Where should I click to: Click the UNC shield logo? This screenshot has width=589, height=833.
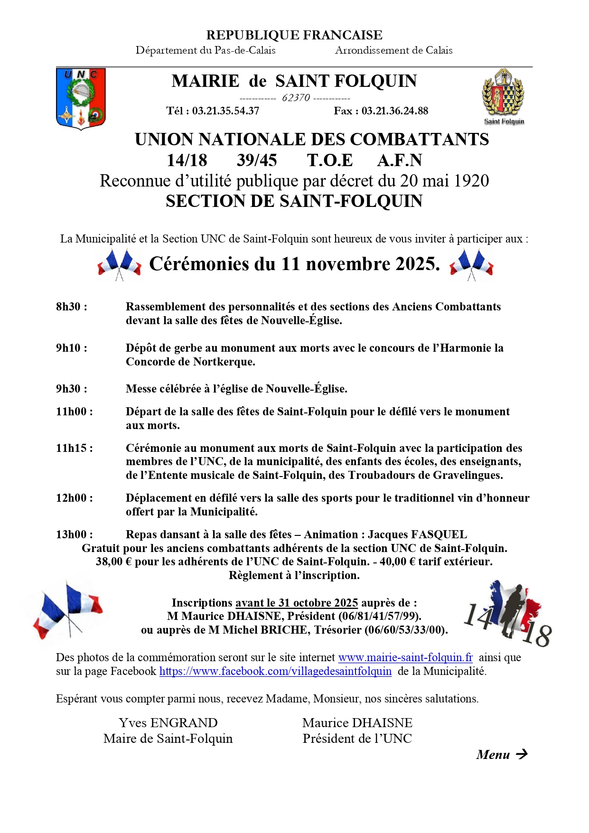pyautogui.click(x=81, y=99)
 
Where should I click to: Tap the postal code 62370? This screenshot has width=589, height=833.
pyautogui.click(x=296, y=98)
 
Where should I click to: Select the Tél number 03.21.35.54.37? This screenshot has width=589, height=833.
pyautogui.click(x=225, y=111)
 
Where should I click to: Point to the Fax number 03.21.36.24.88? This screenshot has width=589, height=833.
pyautogui.click(x=394, y=111)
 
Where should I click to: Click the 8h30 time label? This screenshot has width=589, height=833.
pyautogui.click(x=72, y=307)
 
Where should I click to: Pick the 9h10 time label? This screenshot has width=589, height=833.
pyautogui.click(x=72, y=348)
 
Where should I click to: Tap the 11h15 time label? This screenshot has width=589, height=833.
pyautogui.click(x=75, y=448)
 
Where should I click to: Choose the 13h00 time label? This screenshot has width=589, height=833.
pyautogui.click(x=75, y=534)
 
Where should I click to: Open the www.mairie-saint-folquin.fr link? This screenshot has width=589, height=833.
pyautogui.click(x=405, y=657)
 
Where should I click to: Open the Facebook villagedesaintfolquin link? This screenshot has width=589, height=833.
pyautogui.click(x=275, y=671)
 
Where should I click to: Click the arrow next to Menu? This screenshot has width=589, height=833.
pyautogui.click(x=522, y=754)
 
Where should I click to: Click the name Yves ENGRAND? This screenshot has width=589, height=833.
pyautogui.click(x=168, y=723)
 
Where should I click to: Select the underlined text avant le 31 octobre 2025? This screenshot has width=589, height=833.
pyautogui.click(x=297, y=603)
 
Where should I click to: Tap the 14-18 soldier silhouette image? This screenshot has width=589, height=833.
pyautogui.click(x=508, y=613)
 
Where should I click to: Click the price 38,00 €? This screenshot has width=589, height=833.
pyautogui.click(x=113, y=562)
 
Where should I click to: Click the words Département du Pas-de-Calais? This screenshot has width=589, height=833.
pyautogui.click(x=206, y=50)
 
